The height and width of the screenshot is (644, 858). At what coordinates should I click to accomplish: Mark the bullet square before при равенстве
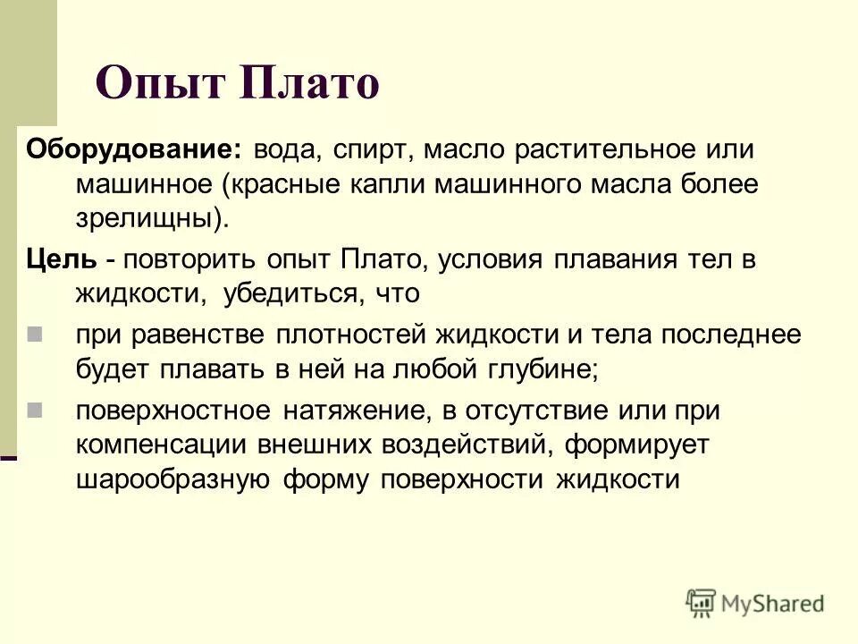tap(35, 335)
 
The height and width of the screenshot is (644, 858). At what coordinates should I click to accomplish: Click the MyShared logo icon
tap(702, 602)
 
